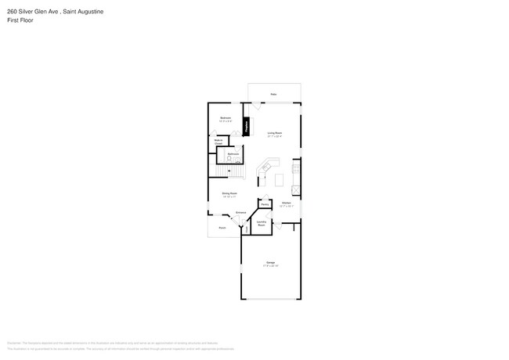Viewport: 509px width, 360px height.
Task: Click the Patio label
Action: (x=273, y=94)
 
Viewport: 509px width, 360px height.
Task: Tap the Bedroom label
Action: (x=225, y=119)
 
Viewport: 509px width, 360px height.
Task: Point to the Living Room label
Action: (x=274, y=134)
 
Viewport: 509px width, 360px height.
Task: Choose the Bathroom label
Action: (x=233, y=154)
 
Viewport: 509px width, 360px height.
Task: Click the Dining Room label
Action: (x=229, y=193)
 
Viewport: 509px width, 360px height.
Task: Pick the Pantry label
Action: (x=265, y=204)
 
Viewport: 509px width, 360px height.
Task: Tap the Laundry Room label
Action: (x=262, y=223)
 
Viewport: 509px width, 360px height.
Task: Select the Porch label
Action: (x=222, y=228)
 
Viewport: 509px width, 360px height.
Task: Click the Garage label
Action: (x=270, y=263)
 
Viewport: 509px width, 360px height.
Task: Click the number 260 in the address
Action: (x=13, y=12)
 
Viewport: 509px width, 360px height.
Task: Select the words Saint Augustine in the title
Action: (x=82, y=12)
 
